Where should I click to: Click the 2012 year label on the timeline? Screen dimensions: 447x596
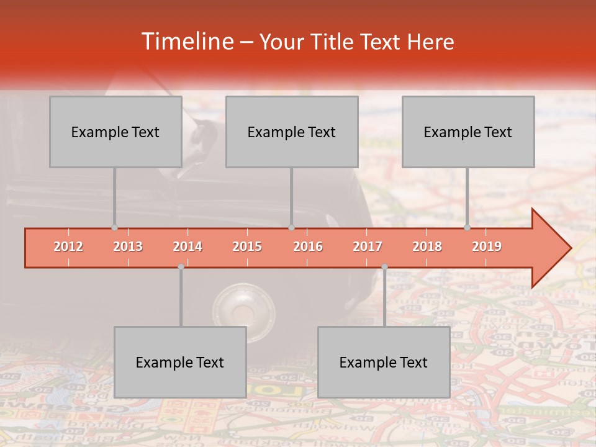(68, 247)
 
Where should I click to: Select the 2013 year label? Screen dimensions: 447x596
(128, 247)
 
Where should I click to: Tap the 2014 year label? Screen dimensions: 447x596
(187, 247)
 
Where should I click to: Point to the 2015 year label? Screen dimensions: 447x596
(247, 247)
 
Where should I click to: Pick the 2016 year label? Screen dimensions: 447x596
(308, 247)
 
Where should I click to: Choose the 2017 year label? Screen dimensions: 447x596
(368, 247)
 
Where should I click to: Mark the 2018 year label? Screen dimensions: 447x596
(427, 247)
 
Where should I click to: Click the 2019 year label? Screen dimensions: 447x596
(487, 247)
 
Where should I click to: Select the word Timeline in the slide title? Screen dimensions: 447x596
(187, 42)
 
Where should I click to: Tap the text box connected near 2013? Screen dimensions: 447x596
(115, 132)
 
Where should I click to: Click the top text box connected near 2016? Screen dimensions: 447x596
(292, 132)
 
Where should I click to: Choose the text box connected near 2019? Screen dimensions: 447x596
(468, 132)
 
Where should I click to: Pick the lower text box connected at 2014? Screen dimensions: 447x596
(180, 362)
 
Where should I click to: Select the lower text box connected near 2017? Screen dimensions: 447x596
(384, 362)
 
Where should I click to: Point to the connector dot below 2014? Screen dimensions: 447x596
(181, 266)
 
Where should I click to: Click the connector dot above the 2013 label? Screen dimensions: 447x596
(114, 227)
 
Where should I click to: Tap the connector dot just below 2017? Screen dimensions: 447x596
(384, 266)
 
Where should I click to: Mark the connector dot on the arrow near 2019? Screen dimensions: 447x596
(467, 227)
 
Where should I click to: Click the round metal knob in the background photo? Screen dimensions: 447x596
(243, 308)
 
